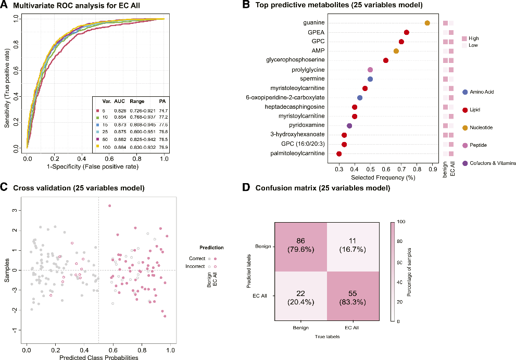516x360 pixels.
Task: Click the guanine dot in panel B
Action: pos(427,23)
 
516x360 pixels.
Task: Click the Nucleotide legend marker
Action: pos(464,127)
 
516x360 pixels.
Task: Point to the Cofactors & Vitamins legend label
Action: pos(493,163)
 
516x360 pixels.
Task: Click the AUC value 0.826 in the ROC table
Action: pos(121,111)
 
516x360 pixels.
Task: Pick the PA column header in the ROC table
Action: pos(162,101)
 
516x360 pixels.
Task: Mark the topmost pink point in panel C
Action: pos(109,205)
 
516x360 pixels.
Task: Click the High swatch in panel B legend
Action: pos(464,38)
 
